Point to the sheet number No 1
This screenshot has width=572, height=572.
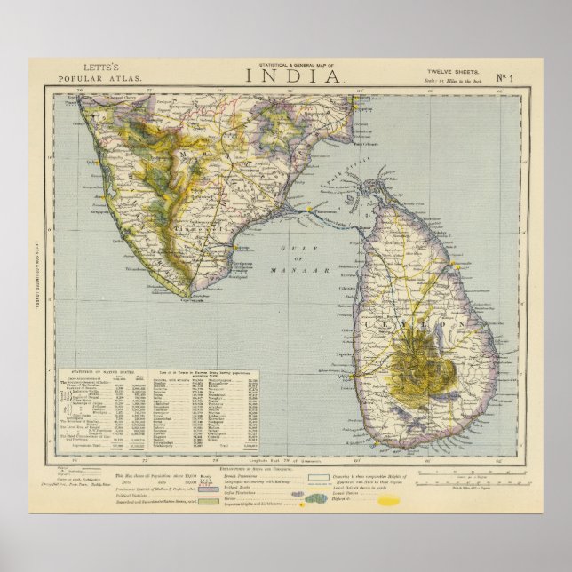[526, 76]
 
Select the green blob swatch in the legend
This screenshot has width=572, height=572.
[339, 500]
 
